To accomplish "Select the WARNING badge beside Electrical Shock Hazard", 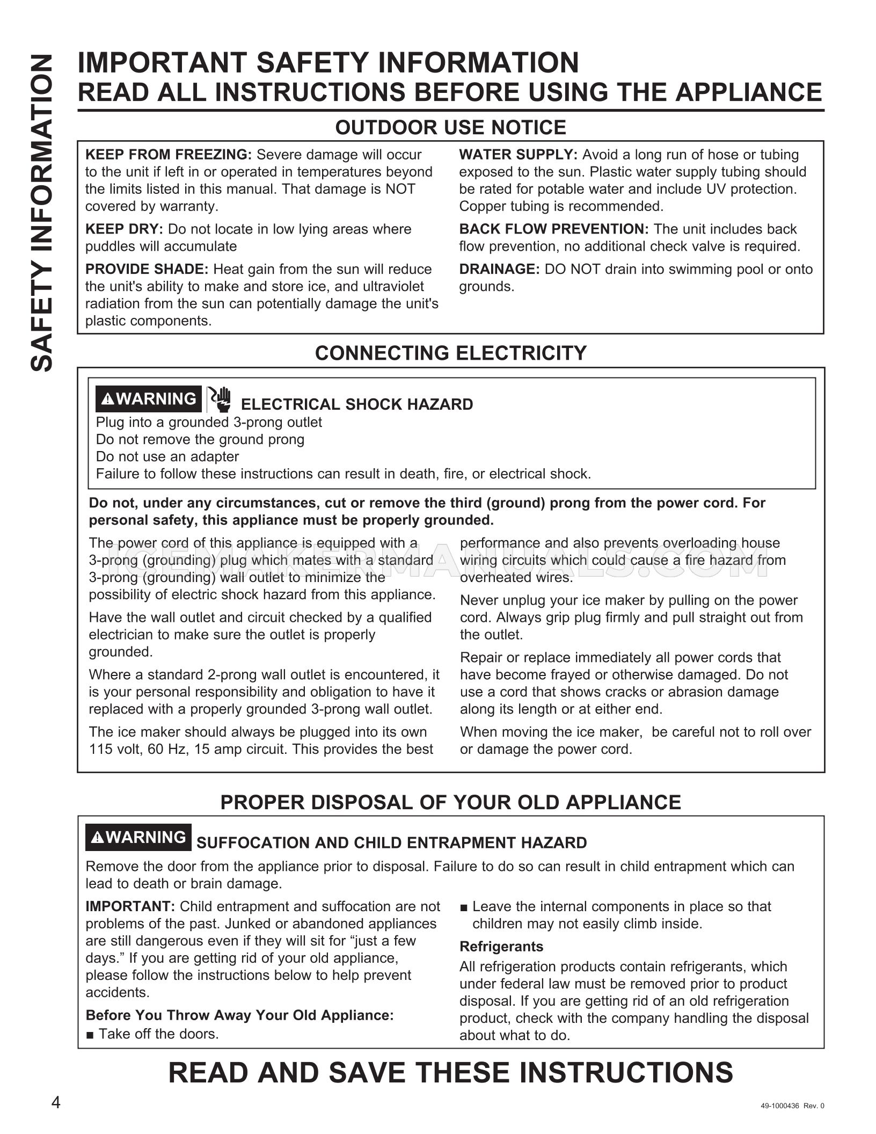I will [149, 399].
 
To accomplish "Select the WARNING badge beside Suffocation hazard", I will [138, 837].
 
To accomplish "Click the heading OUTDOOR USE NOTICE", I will [450, 127].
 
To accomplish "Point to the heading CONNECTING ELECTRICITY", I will [450, 353].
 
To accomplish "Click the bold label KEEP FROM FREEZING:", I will [169, 155].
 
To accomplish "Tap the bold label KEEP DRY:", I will [124, 229].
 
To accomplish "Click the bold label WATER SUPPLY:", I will [518, 155].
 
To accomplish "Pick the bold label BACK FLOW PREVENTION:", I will [554, 229].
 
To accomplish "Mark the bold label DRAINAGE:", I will [499, 270].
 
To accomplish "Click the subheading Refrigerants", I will [501, 947].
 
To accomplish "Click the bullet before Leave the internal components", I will [464, 907].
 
